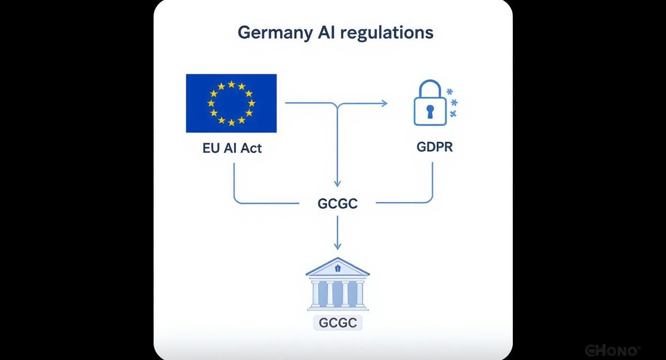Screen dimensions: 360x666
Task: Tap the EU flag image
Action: click(231, 103)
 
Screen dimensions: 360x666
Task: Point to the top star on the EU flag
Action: click(232, 85)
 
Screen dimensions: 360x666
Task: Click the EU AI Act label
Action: click(232, 148)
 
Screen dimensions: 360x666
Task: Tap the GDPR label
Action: click(434, 146)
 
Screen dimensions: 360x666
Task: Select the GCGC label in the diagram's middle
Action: click(337, 203)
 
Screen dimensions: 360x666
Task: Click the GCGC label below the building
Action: click(338, 323)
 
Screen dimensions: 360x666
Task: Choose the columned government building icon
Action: click(338, 285)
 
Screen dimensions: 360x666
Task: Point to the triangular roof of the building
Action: click(338, 267)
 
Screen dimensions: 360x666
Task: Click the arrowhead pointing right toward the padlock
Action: click(385, 103)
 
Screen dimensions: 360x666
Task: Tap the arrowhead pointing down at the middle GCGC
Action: click(337, 183)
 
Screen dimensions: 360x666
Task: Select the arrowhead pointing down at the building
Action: click(337, 246)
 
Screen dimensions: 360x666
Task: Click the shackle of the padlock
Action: click(430, 88)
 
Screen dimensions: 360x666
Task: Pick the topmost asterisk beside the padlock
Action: click(449, 91)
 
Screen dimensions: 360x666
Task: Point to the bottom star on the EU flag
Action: click(232, 123)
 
